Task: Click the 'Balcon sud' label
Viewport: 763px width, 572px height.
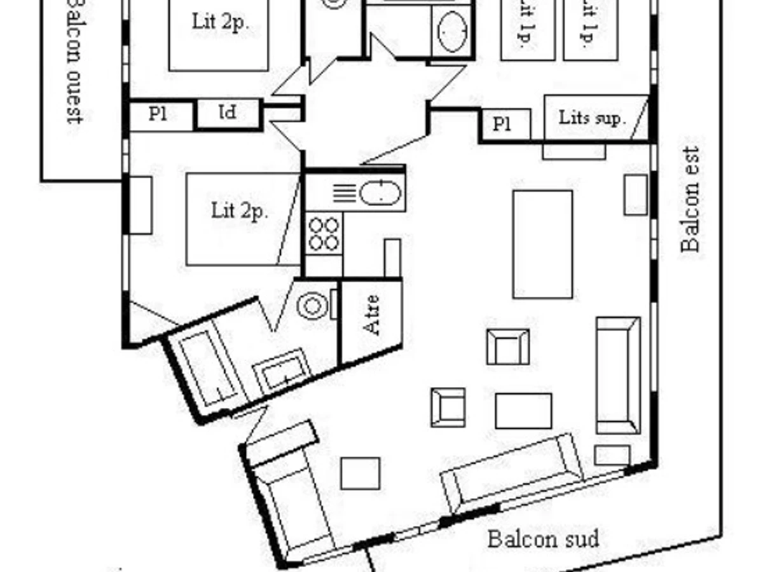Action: click(543, 540)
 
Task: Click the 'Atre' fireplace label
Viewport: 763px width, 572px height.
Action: click(372, 315)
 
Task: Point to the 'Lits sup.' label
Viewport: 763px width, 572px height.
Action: click(592, 118)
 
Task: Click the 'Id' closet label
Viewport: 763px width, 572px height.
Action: click(227, 113)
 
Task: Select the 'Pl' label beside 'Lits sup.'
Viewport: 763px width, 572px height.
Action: click(502, 125)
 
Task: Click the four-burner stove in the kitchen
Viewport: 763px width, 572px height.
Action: click(324, 234)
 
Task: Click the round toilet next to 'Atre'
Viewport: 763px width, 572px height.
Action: click(312, 306)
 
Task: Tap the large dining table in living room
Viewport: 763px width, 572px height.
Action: click(542, 244)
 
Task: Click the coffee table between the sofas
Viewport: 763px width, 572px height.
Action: click(523, 411)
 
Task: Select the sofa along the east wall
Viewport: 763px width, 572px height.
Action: click(617, 375)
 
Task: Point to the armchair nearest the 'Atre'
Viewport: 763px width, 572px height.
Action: click(507, 346)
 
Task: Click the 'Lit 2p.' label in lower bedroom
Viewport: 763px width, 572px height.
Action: click(239, 211)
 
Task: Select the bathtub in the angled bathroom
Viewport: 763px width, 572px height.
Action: click(207, 369)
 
